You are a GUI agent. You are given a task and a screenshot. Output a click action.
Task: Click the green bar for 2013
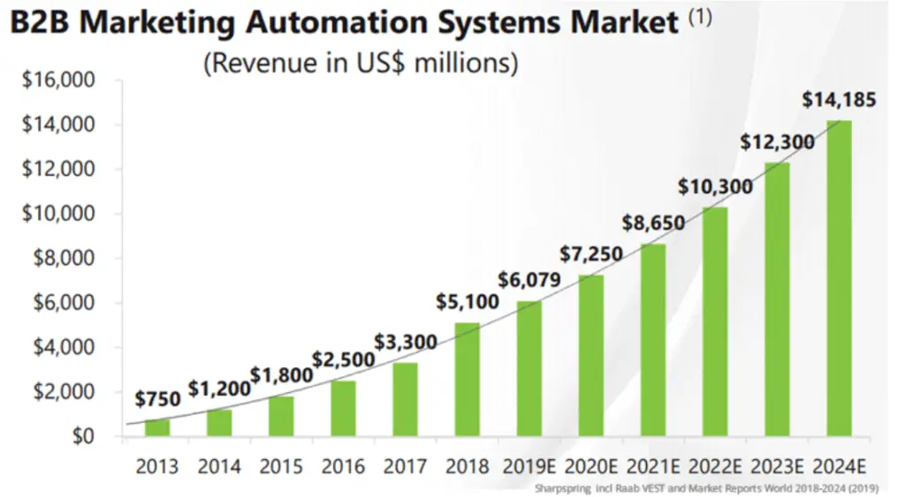pos(157,427)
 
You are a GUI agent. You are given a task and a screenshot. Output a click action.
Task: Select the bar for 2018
pos(467,380)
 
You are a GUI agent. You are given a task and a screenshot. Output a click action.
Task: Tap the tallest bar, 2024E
pos(839,278)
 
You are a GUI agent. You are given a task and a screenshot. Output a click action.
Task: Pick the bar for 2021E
pos(653,340)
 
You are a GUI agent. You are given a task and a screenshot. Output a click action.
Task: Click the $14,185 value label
pos(839,101)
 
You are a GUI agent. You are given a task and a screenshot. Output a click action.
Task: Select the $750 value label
pos(157,399)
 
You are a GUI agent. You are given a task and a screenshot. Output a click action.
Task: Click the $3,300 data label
pos(405,341)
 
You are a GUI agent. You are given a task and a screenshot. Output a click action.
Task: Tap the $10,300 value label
pos(716,186)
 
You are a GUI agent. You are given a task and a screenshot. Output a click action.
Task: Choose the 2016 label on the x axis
pos(343,466)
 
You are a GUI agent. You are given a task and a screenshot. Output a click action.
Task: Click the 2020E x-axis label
pos(590,466)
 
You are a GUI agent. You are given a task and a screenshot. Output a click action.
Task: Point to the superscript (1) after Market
pos(699,17)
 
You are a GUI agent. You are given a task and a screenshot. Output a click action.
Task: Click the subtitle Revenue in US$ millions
pos(360,64)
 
